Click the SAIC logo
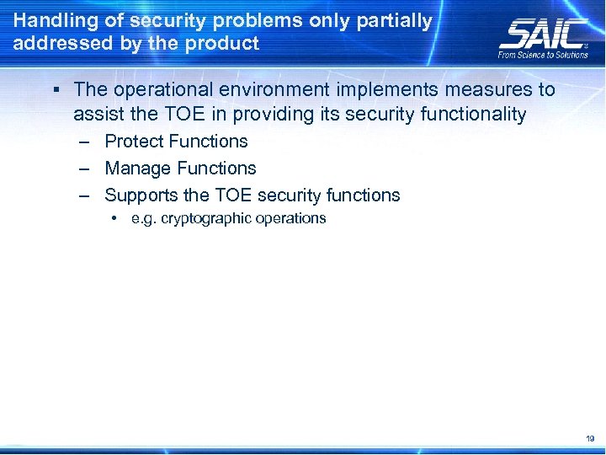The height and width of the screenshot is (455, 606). [542, 34]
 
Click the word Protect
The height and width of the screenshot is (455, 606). [134, 142]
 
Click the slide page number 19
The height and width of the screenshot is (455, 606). [588, 439]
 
